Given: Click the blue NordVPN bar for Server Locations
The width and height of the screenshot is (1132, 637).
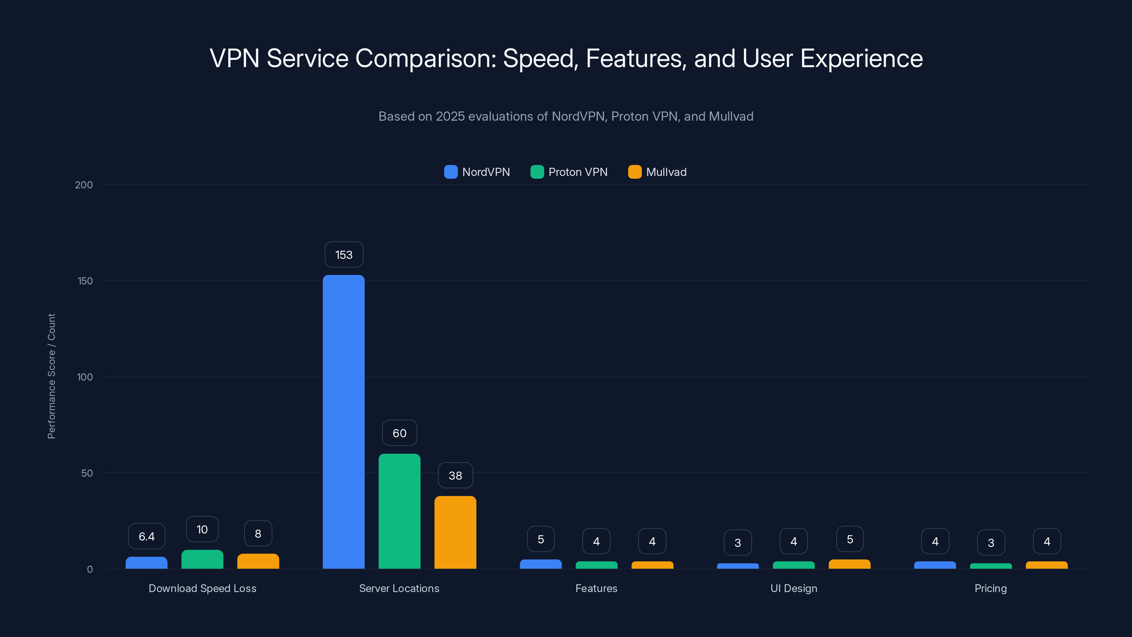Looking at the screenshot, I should (x=343, y=422).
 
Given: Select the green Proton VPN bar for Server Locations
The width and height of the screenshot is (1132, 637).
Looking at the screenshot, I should (x=399, y=511).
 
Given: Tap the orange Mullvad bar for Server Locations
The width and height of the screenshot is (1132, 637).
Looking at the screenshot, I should (x=455, y=532).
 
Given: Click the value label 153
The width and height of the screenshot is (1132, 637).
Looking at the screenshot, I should (x=343, y=254).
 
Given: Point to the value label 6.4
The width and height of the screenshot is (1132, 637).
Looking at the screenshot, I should (x=146, y=536).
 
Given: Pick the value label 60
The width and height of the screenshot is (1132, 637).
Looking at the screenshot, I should (x=399, y=433).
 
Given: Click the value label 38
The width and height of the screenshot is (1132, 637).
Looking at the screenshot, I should (x=455, y=475).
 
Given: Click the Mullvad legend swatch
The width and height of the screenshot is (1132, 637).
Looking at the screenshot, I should (x=635, y=172).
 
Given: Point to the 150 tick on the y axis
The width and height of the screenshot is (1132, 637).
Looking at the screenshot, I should (x=85, y=281).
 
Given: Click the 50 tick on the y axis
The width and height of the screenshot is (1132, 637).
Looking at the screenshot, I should (x=87, y=473).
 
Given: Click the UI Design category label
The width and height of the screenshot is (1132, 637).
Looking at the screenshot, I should (x=793, y=588).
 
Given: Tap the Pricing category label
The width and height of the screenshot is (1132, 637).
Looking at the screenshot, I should (x=990, y=588).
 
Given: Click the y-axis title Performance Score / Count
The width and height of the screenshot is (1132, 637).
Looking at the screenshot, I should (x=51, y=376).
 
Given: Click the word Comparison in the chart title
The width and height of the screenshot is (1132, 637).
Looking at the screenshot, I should (x=425, y=58).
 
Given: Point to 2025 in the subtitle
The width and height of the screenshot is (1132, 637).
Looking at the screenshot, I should (x=450, y=116).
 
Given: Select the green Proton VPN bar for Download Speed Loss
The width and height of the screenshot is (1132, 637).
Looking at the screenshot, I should (x=202, y=559).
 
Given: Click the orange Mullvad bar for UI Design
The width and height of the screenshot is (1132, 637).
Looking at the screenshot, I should (x=849, y=564).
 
